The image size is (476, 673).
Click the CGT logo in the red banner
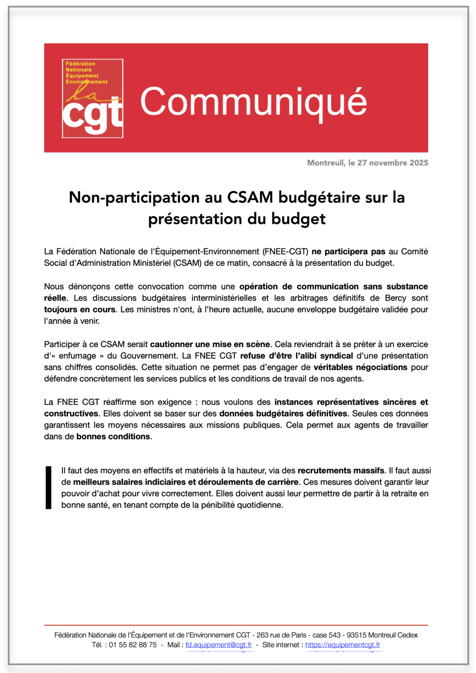92,99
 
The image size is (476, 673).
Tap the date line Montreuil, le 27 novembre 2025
367,163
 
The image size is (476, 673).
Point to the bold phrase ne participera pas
349,252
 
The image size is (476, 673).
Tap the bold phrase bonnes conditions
113,437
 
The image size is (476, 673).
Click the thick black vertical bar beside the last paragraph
48,488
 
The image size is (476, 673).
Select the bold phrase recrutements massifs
341,471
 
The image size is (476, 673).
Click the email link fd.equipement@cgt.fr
219,645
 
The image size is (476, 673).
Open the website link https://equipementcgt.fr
343,645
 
